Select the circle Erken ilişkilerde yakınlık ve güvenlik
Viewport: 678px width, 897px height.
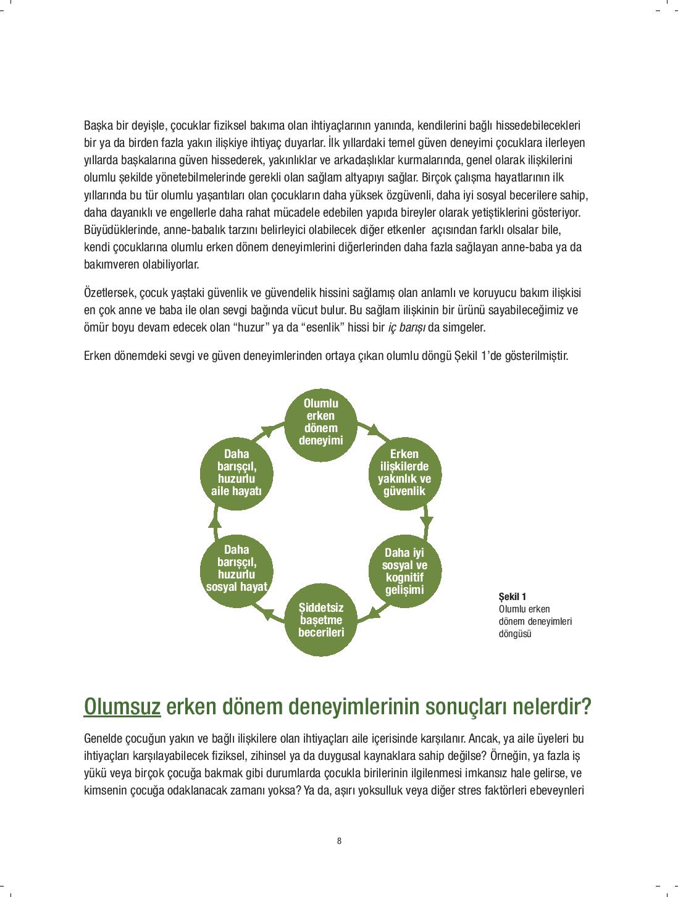point(404,473)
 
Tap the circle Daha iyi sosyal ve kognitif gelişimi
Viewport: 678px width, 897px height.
point(404,571)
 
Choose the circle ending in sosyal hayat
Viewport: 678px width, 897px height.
point(236,569)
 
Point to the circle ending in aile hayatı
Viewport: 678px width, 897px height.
point(236,473)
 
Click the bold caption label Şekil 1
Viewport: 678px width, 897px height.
point(512,596)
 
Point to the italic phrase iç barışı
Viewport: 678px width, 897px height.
point(407,327)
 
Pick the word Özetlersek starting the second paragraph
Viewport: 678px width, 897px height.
point(107,293)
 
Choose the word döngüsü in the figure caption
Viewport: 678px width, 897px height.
point(514,633)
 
